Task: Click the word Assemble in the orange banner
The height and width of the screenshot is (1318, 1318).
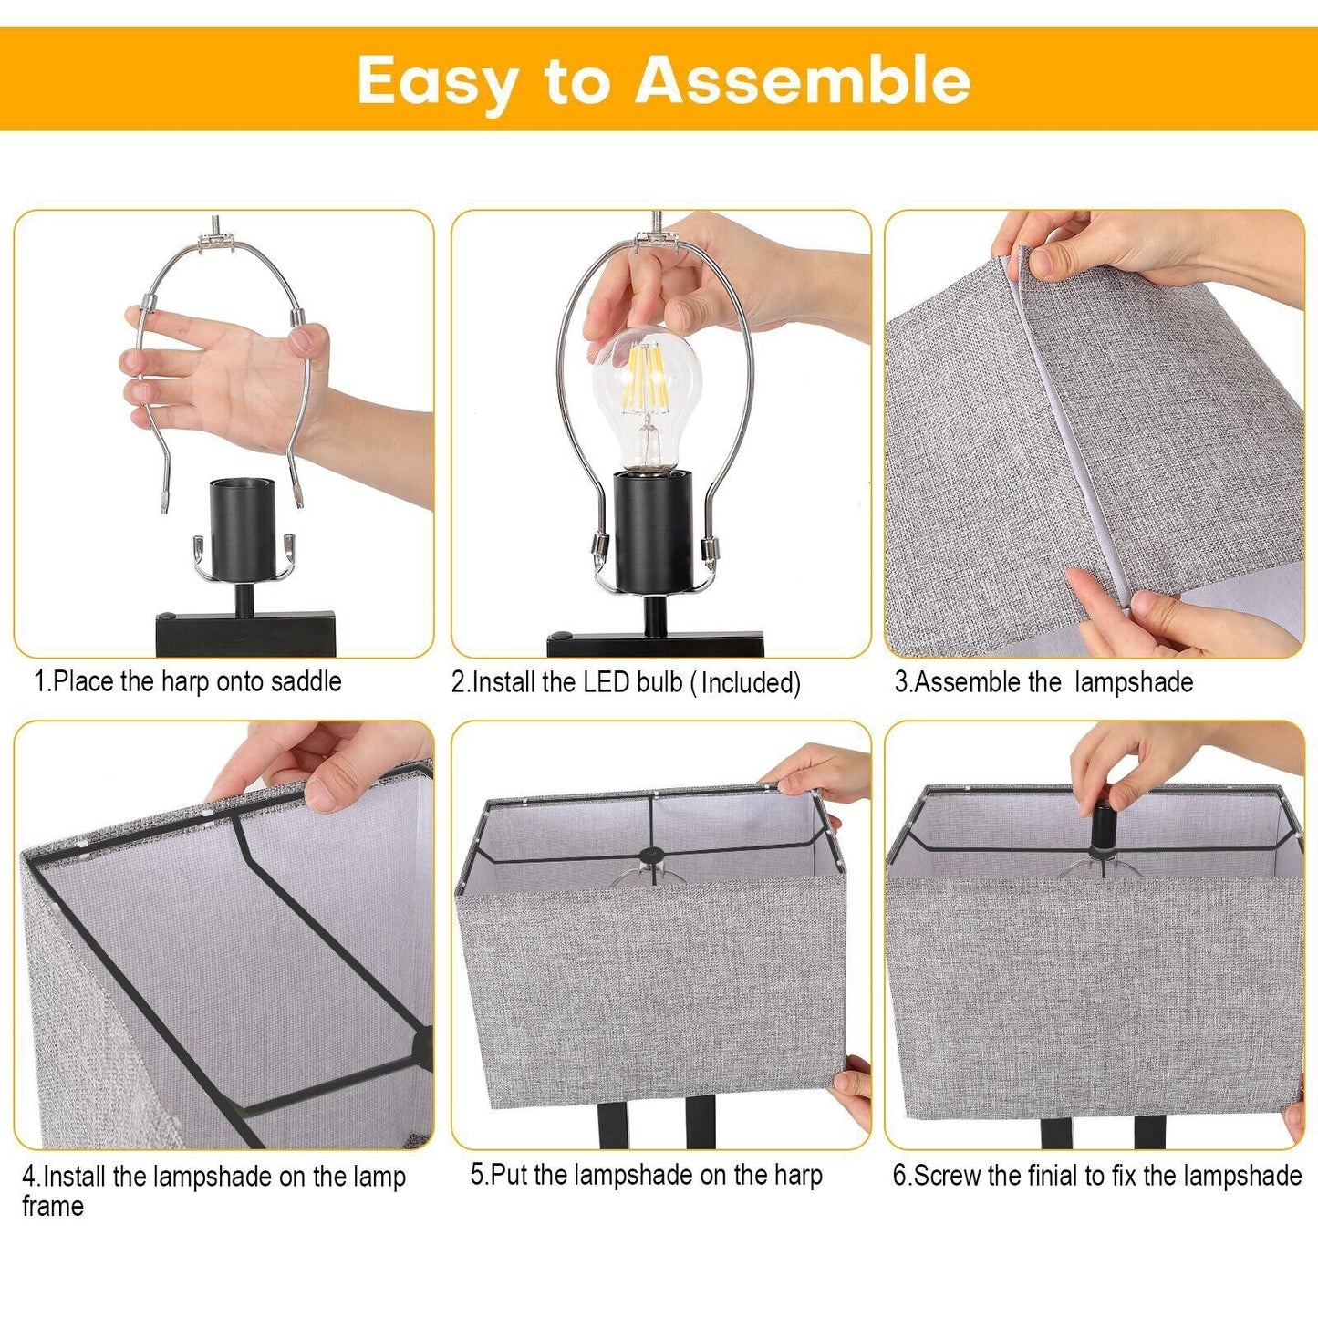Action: [803, 80]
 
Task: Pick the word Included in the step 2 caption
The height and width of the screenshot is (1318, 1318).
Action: [750, 683]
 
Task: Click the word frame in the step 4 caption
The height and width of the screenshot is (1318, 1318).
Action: [53, 1206]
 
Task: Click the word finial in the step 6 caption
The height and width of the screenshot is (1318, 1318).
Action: [1048, 1175]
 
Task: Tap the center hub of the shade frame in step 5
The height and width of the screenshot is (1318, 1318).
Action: [651, 856]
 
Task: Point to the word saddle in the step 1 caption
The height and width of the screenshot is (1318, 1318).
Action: [306, 682]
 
